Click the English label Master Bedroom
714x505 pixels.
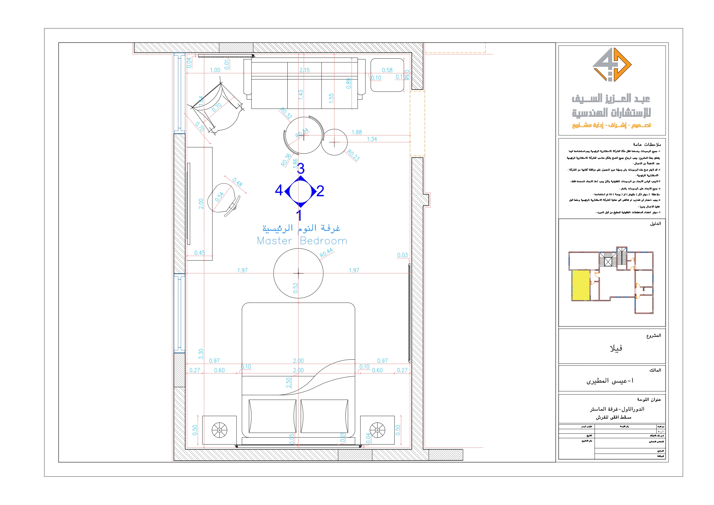(x=302, y=241)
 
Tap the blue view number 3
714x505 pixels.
(x=300, y=169)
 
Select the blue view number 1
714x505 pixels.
(x=299, y=215)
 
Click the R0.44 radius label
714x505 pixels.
(x=326, y=253)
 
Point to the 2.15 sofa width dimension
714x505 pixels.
(x=304, y=70)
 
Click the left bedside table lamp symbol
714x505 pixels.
(x=219, y=430)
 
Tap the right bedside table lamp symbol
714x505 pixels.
(x=377, y=430)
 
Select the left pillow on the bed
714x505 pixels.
(x=272, y=416)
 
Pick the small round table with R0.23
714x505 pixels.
(x=334, y=142)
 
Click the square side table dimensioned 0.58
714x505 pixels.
(x=387, y=75)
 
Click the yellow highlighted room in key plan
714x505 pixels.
(x=581, y=285)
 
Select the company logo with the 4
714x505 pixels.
(x=611, y=65)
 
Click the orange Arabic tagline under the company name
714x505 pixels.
(x=611, y=125)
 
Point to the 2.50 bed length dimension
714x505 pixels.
(x=288, y=382)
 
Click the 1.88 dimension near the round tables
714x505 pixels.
(x=356, y=132)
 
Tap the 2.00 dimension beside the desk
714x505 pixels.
(x=201, y=203)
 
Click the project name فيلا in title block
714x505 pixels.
(x=616, y=348)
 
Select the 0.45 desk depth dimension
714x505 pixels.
(x=199, y=253)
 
